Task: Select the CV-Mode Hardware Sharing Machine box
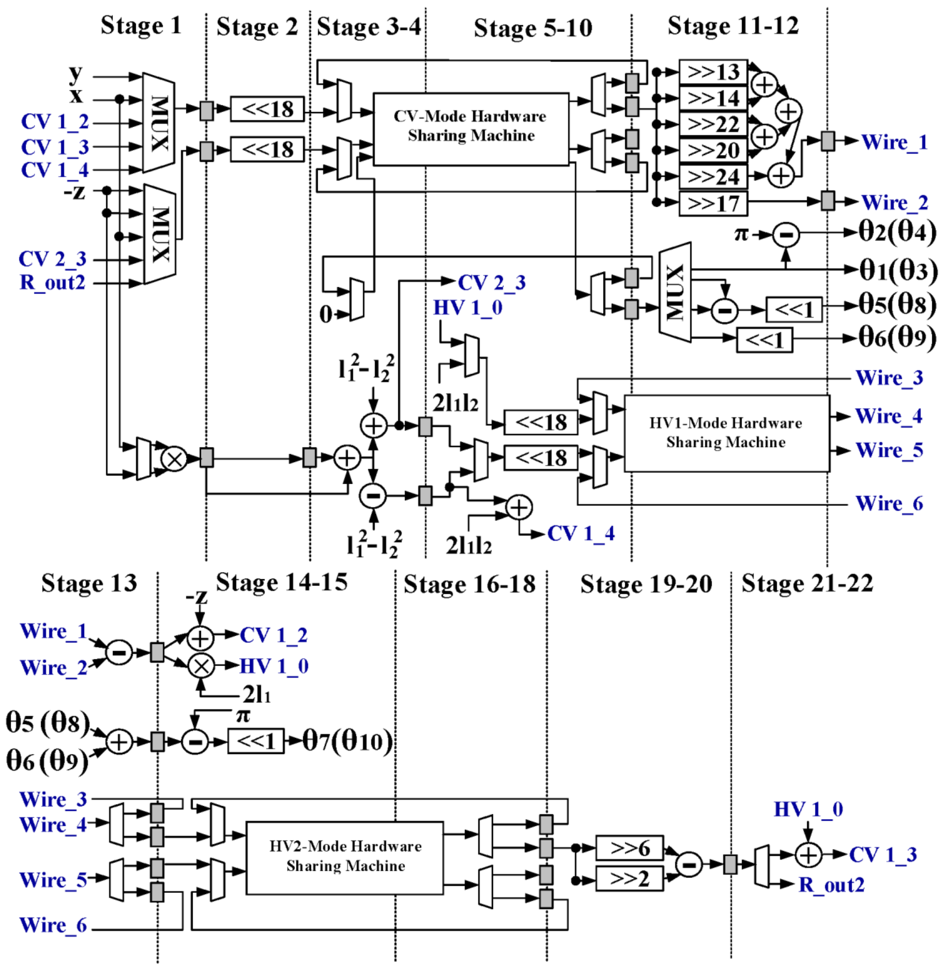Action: point(471,129)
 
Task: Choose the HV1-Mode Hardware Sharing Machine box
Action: point(726,433)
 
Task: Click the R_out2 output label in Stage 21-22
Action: point(831,885)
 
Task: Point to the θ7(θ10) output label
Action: point(347,742)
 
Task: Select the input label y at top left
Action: point(75,73)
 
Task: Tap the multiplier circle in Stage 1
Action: point(174,459)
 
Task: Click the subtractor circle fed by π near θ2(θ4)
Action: point(786,235)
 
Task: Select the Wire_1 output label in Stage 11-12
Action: point(894,142)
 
